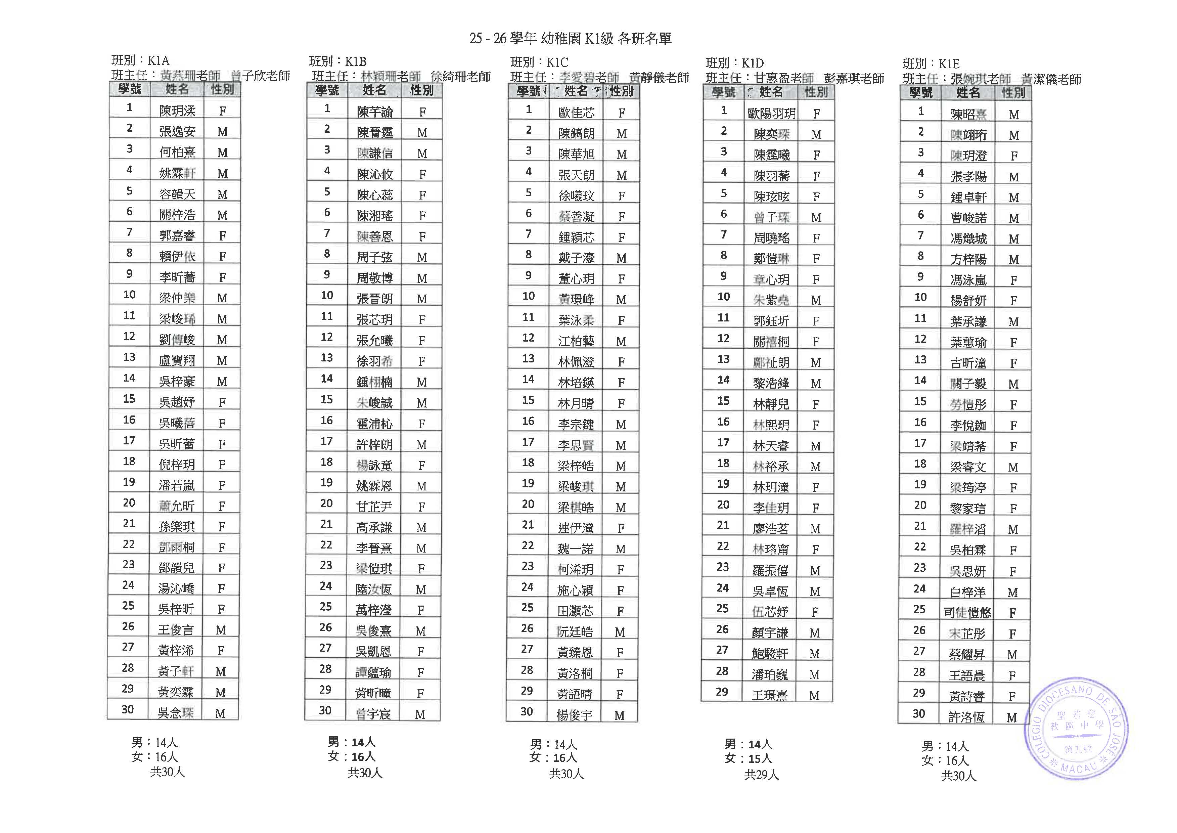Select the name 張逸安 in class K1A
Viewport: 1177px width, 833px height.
[177, 132]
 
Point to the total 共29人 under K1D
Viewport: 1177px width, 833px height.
[762, 775]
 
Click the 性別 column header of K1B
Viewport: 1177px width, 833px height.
[422, 91]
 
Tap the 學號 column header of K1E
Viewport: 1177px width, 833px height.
[920, 93]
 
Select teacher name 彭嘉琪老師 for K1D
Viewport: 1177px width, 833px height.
[854, 79]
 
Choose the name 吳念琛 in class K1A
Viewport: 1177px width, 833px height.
[175, 713]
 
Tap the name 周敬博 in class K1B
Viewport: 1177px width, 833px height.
[374, 278]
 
